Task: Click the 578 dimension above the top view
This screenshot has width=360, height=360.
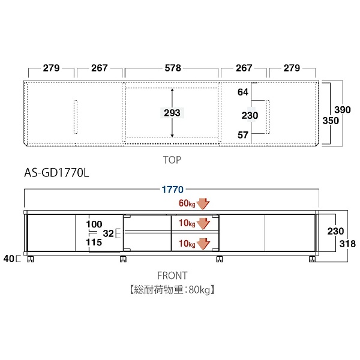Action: (173, 68)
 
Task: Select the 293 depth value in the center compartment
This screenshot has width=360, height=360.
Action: (172, 113)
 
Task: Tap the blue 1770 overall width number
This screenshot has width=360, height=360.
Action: (173, 190)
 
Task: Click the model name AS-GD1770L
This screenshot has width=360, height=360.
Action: (56, 173)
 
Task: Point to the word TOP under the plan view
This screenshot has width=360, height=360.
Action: (172, 160)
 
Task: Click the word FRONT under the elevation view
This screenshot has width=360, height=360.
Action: (172, 275)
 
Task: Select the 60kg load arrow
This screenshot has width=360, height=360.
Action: (203, 203)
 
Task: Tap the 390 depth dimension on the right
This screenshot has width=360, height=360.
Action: (343, 110)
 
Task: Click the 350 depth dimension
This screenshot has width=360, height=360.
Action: (331, 121)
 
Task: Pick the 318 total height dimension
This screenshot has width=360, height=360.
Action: (347, 244)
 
